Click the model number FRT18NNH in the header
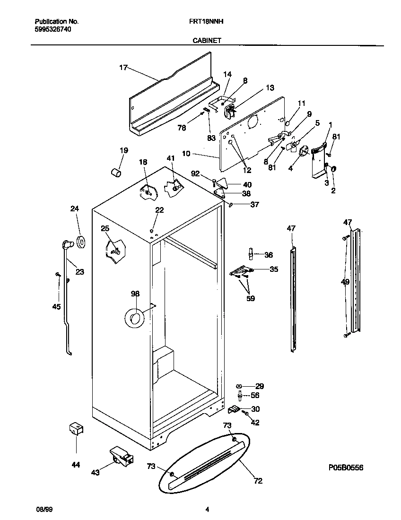pos(201,22)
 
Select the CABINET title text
pos(207,41)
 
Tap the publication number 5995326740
pos(53,29)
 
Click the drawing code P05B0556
pos(346,468)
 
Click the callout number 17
pos(123,68)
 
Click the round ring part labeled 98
pos(134,318)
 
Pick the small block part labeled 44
pos(76,429)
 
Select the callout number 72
pos(258,481)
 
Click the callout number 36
pos(268,255)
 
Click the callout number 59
pos(250,298)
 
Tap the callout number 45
pos(56,307)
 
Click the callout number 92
pos(196,174)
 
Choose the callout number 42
pos(255,423)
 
